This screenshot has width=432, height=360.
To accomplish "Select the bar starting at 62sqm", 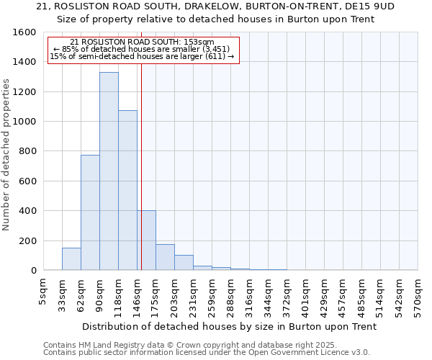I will pos(90,212).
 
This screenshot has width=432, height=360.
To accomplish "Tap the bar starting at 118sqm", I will pos(127,190).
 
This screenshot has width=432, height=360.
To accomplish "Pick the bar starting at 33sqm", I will pos(71,259).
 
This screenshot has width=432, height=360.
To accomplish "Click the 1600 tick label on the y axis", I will pos(24,32).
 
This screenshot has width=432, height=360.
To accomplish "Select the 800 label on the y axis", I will pos(27,152).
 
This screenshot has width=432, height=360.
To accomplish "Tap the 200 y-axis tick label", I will pos(27,241).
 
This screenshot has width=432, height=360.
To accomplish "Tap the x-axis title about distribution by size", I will pos(230,326).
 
